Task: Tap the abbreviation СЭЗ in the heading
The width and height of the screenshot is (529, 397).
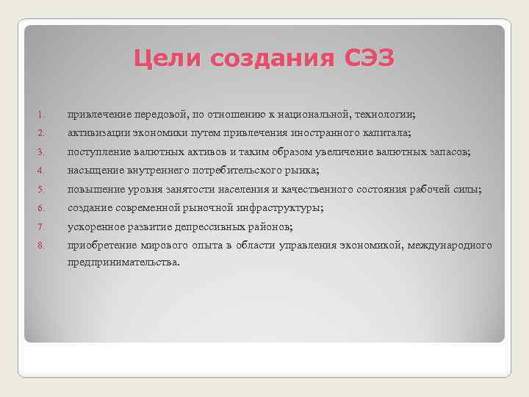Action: [x=369, y=57]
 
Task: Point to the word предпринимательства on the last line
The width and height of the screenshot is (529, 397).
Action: [x=123, y=262]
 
